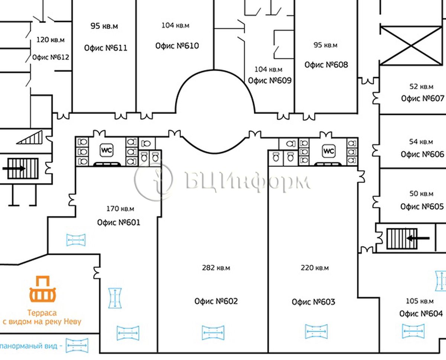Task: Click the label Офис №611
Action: [x=106, y=48]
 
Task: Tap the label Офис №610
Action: [x=177, y=46]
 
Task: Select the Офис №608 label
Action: [x=326, y=65]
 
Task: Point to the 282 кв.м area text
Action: [x=216, y=268]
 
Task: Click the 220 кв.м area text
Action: [x=314, y=268]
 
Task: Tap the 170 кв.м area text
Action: [x=120, y=209]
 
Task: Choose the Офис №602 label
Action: [x=216, y=301]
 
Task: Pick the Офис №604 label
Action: [x=421, y=314]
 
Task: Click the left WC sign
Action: [x=107, y=150]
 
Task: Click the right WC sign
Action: [x=329, y=151]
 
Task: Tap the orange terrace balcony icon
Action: [x=43, y=289]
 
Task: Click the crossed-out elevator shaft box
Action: [x=411, y=46]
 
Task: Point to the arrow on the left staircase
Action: [x=14, y=168]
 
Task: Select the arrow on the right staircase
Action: [x=418, y=238]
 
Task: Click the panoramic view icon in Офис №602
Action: [x=213, y=332]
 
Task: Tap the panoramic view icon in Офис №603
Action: [x=316, y=331]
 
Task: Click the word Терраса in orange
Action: [x=42, y=313]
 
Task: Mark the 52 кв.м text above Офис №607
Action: [x=421, y=87]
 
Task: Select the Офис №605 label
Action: [x=422, y=206]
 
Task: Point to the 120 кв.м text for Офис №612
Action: [x=51, y=40]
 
